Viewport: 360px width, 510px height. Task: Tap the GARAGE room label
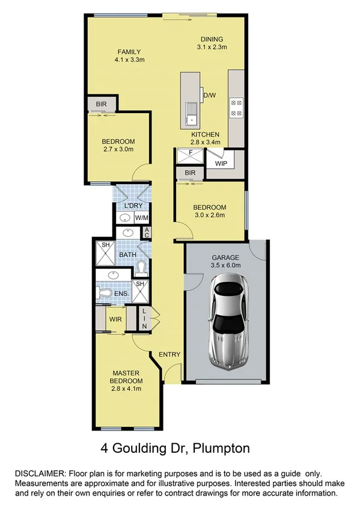(x=225, y=255)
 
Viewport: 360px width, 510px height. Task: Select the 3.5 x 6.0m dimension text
(x=225, y=264)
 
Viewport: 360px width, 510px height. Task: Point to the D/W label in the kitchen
(x=210, y=95)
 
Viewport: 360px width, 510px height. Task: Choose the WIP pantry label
(x=221, y=162)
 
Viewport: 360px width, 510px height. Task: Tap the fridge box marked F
(x=190, y=153)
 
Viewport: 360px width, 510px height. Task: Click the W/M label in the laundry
(x=142, y=217)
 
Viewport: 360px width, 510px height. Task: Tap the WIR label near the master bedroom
(x=115, y=319)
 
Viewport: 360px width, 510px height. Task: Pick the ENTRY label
(x=169, y=354)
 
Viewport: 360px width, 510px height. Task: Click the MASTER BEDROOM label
(x=126, y=377)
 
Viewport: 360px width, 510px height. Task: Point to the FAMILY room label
(x=129, y=51)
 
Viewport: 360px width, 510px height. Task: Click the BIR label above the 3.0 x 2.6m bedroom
(x=191, y=173)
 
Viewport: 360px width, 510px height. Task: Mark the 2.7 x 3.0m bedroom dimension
(x=118, y=149)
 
